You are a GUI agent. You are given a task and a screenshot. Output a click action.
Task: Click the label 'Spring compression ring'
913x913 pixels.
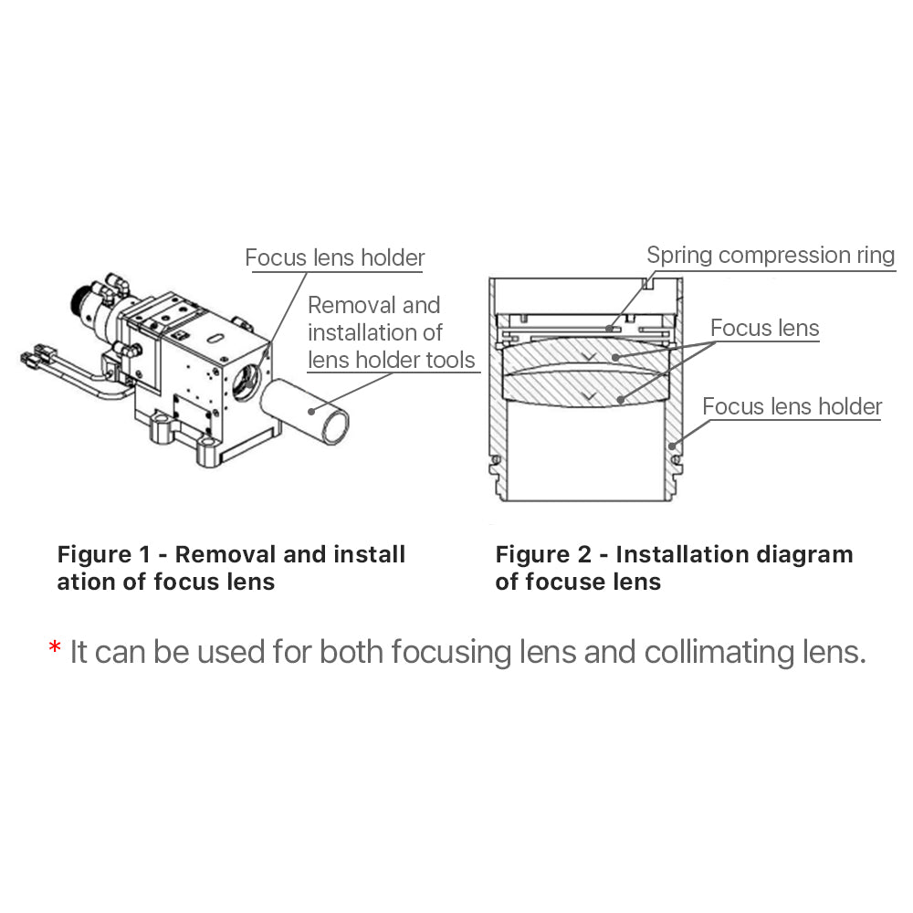point(771,255)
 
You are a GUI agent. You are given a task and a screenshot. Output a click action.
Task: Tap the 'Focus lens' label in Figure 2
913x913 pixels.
point(764,328)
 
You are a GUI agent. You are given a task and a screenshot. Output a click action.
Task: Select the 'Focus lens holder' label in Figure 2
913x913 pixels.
point(792,406)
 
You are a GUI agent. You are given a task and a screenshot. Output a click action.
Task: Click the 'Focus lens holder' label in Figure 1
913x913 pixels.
point(334,258)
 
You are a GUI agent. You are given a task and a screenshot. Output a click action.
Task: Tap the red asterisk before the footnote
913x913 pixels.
point(54,650)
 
